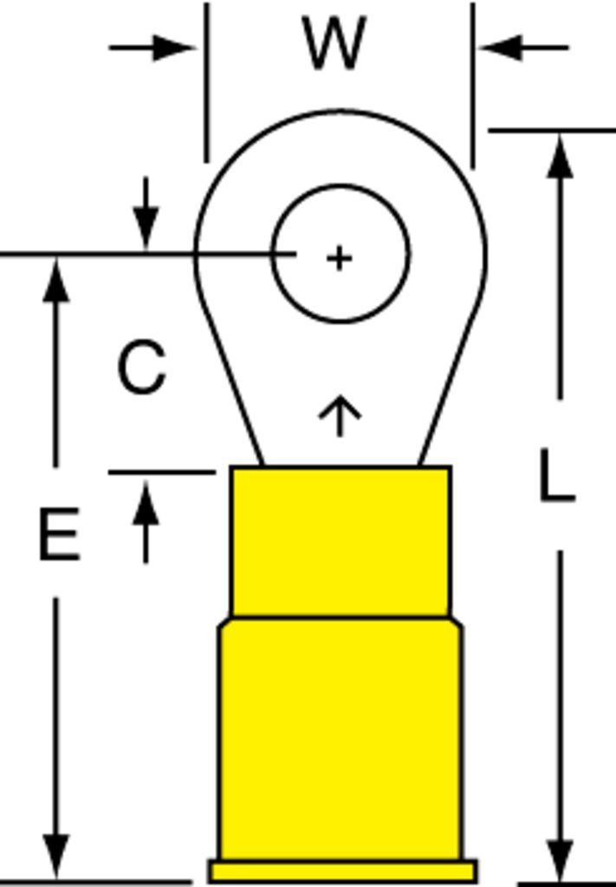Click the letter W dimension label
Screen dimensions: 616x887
point(335,43)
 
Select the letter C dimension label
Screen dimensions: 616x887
point(142,366)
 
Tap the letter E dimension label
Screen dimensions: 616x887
point(60,534)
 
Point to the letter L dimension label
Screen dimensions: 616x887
point(556,475)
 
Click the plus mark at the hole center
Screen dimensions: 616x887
point(340,258)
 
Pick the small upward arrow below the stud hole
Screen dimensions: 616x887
point(340,416)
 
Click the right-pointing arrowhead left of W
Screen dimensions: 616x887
point(174,48)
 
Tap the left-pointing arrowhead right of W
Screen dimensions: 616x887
point(501,48)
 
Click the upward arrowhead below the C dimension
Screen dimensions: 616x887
point(146,502)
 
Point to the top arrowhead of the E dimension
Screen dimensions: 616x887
point(56,279)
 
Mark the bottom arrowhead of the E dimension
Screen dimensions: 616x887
point(56,857)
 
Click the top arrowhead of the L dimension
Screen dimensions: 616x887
point(560,156)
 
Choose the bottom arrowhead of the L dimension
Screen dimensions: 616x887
point(560,860)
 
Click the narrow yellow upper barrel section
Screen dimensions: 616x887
point(340,541)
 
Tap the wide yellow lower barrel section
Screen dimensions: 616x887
point(340,738)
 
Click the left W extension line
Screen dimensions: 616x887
point(207,82)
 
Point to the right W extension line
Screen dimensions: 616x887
point(473,86)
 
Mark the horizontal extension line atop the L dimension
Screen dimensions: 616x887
point(552,131)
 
